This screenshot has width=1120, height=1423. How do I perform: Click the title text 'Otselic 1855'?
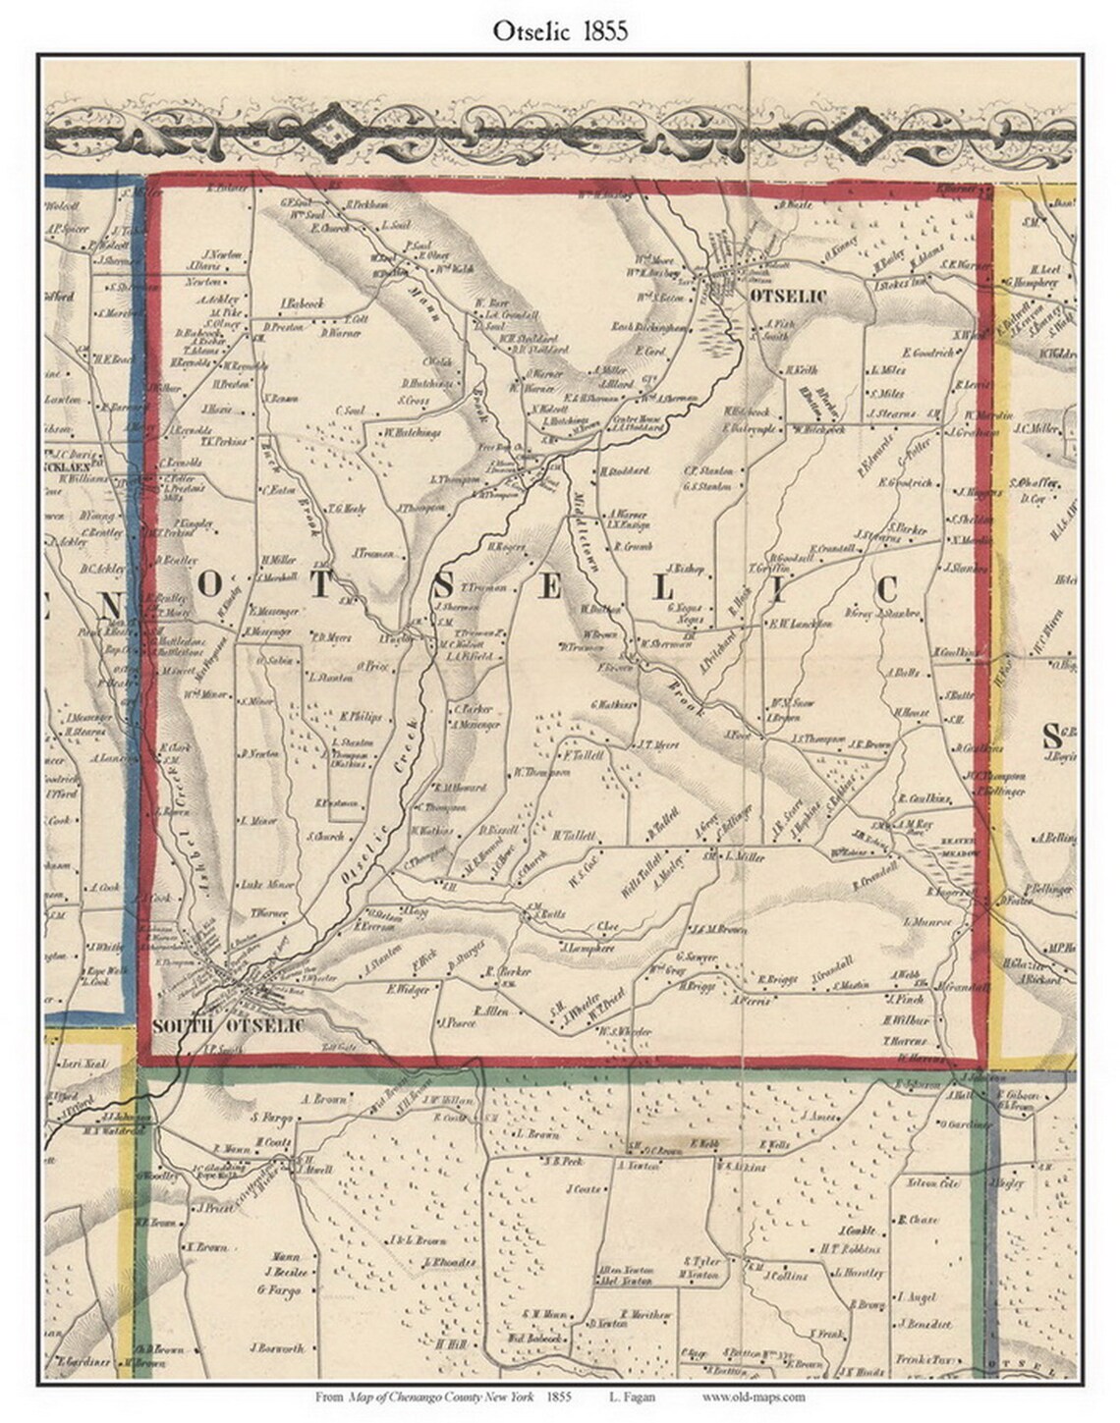tap(561, 31)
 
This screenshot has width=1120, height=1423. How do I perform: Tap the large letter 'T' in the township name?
tap(321, 584)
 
